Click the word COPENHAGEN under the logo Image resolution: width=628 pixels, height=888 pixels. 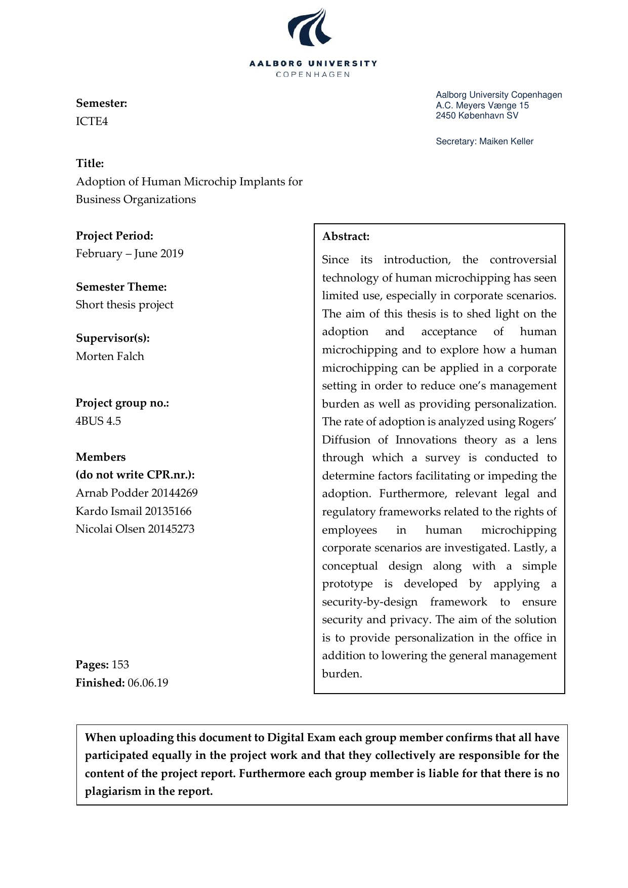click(x=313, y=74)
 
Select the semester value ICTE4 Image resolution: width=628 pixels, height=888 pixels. click(x=92, y=122)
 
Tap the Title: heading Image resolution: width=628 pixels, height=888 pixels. click(x=90, y=164)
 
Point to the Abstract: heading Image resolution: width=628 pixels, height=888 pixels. click(x=346, y=236)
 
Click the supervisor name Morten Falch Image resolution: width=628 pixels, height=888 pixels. click(x=110, y=356)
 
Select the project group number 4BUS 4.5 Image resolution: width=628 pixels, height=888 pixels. click(x=98, y=421)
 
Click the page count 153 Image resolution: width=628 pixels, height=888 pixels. click(x=120, y=665)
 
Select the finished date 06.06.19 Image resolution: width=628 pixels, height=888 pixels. click(x=148, y=683)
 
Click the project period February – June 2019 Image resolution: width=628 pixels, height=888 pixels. click(x=130, y=254)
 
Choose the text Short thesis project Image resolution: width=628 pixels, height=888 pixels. click(x=124, y=305)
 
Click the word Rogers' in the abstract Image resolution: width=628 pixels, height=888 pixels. click(x=537, y=422)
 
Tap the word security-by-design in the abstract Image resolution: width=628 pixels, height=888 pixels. click(x=370, y=602)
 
